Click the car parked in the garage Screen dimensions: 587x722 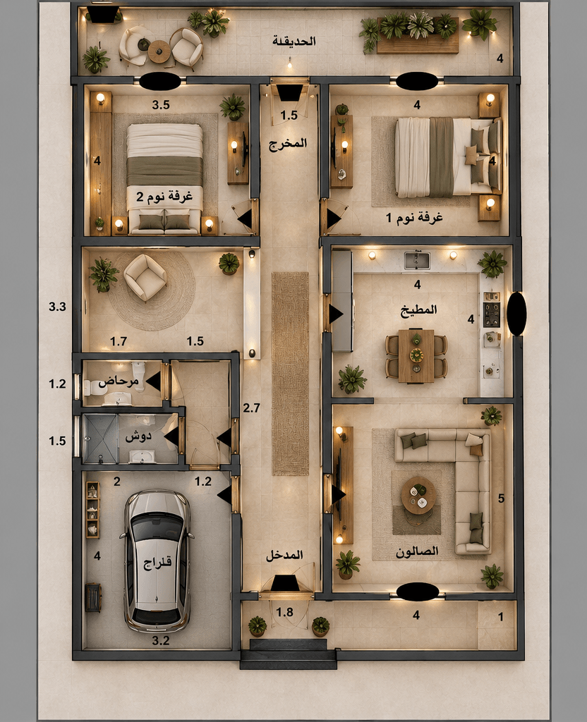coord(157,561)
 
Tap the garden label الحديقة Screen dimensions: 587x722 coord(294,41)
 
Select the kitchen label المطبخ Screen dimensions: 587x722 coord(418,310)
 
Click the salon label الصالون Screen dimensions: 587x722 coord(417,551)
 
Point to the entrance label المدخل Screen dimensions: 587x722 coord(284,555)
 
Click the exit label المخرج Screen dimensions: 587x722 coord(288,143)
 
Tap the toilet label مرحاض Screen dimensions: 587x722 coord(119,381)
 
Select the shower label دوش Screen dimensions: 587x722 coord(138,436)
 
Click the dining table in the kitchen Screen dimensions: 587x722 coord(416,356)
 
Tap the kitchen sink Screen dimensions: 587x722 coord(417,260)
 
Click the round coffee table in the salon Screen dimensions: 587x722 coord(418,496)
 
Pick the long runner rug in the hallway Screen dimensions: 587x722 coord(290,374)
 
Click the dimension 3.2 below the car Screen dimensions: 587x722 coord(161,640)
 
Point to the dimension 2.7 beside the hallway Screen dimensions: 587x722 coord(252,408)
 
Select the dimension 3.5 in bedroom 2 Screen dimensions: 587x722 coord(161,105)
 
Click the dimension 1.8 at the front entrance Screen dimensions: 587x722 coord(284,612)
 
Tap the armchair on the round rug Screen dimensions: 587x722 coord(145,278)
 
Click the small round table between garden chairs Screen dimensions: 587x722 coord(159,51)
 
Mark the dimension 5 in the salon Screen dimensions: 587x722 coord(502,498)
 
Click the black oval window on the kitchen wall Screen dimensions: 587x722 coord(516,314)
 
